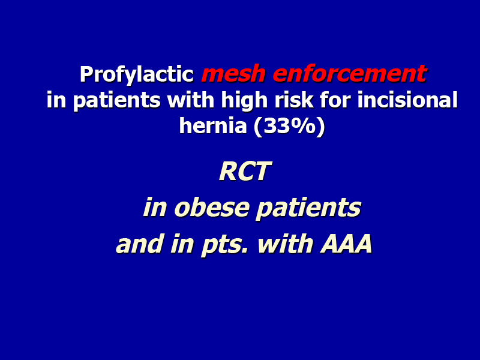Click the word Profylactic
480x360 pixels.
[x=137, y=74]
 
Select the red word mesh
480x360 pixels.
[x=233, y=73]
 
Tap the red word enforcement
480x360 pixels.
[x=350, y=73]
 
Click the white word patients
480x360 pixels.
[x=116, y=100]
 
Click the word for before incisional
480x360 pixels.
[x=335, y=100]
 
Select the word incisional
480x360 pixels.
[x=407, y=100]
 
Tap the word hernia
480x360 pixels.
[x=213, y=125]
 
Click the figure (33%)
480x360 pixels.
[x=289, y=126]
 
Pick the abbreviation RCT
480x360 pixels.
[x=245, y=172]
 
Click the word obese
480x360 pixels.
[x=212, y=207]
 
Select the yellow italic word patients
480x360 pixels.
[x=308, y=208]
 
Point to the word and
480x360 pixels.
[x=140, y=244]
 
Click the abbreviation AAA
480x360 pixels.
[x=346, y=244]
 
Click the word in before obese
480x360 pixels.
[x=155, y=207]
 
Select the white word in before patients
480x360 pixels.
[x=56, y=100]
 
